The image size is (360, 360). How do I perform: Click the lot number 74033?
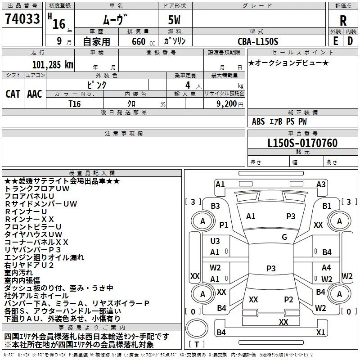pyautogui.click(x=22, y=19)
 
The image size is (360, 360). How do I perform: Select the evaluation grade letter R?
pyautogui.click(x=343, y=21)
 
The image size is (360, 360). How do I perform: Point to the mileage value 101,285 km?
pyautogui.click(x=52, y=65)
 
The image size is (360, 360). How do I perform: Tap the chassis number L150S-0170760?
pyautogui.click(x=302, y=143)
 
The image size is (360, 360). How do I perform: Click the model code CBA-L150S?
pyautogui.click(x=258, y=41)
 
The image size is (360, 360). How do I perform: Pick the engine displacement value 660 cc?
pyautogui.click(x=137, y=42)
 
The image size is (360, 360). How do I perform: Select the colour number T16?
pyautogui.click(x=75, y=103)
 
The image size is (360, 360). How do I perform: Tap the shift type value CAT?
pyautogui.click(x=13, y=94)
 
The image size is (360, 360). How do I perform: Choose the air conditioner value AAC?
pyautogui.click(x=35, y=94)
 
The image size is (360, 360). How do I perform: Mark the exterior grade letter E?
pyautogui.click(x=335, y=40)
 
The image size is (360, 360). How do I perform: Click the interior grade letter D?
pyautogui.click(x=350, y=40)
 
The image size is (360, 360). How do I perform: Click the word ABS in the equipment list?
pyautogui.click(x=258, y=121)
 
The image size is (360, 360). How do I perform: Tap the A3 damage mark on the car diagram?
pyautogui.click(x=321, y=184)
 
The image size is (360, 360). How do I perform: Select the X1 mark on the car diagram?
pyautogui.click(x=320, y=332)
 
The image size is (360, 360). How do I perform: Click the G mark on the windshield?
pyautogui.click(x=284, y=237)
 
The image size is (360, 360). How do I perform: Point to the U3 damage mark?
pyautogui.click(x=215, y=241)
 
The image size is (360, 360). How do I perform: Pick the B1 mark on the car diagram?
pyautogui.click(x=327, y=206)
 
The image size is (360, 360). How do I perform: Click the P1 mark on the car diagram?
pyautogui.click(x=224, y=225)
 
